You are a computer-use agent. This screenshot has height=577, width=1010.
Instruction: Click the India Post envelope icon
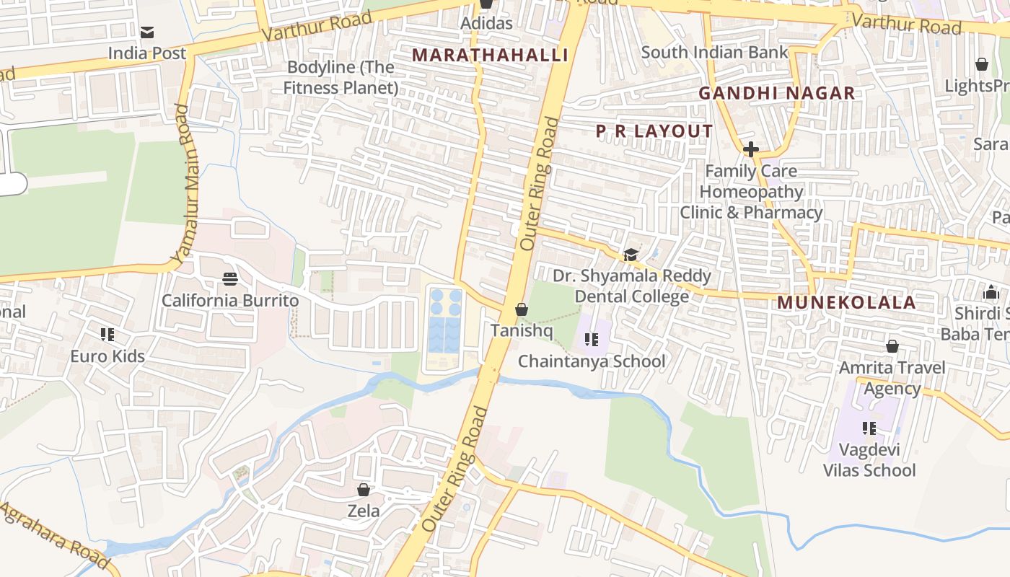pos(147,32)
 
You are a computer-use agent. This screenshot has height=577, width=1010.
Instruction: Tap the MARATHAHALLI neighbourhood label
pos(490,55)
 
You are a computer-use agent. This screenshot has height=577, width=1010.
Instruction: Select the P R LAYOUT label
pos(654,131)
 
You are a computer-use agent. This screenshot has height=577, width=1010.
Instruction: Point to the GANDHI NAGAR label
pos(776,93)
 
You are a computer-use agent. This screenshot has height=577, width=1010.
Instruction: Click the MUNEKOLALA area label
pos(846,302)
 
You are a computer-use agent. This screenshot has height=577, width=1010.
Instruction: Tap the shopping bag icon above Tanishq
pos(521,309)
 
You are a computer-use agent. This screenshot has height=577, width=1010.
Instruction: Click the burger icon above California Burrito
pos(230,278)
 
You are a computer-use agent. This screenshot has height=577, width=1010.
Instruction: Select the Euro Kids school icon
pos(107,334)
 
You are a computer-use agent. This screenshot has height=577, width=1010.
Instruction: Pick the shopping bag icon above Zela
pos(364,490)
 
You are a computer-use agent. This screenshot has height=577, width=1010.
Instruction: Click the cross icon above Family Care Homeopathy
pos(750,149)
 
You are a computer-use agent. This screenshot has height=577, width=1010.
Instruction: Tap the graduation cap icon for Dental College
pos(631,255)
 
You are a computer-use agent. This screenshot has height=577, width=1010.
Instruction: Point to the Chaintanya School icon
pos(592,339)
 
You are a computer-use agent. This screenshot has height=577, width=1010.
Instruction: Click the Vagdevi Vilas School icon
pos(869,428)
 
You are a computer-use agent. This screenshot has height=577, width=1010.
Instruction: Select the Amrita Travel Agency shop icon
pos(892,346)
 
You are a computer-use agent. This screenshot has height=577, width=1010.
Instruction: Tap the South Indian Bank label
pos(714,52)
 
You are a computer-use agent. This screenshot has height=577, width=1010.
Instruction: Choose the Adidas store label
pos(486,22)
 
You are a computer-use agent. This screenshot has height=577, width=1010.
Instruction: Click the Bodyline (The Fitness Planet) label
pos(341,77)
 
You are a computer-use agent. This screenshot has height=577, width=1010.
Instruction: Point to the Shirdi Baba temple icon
pos(991,292)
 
